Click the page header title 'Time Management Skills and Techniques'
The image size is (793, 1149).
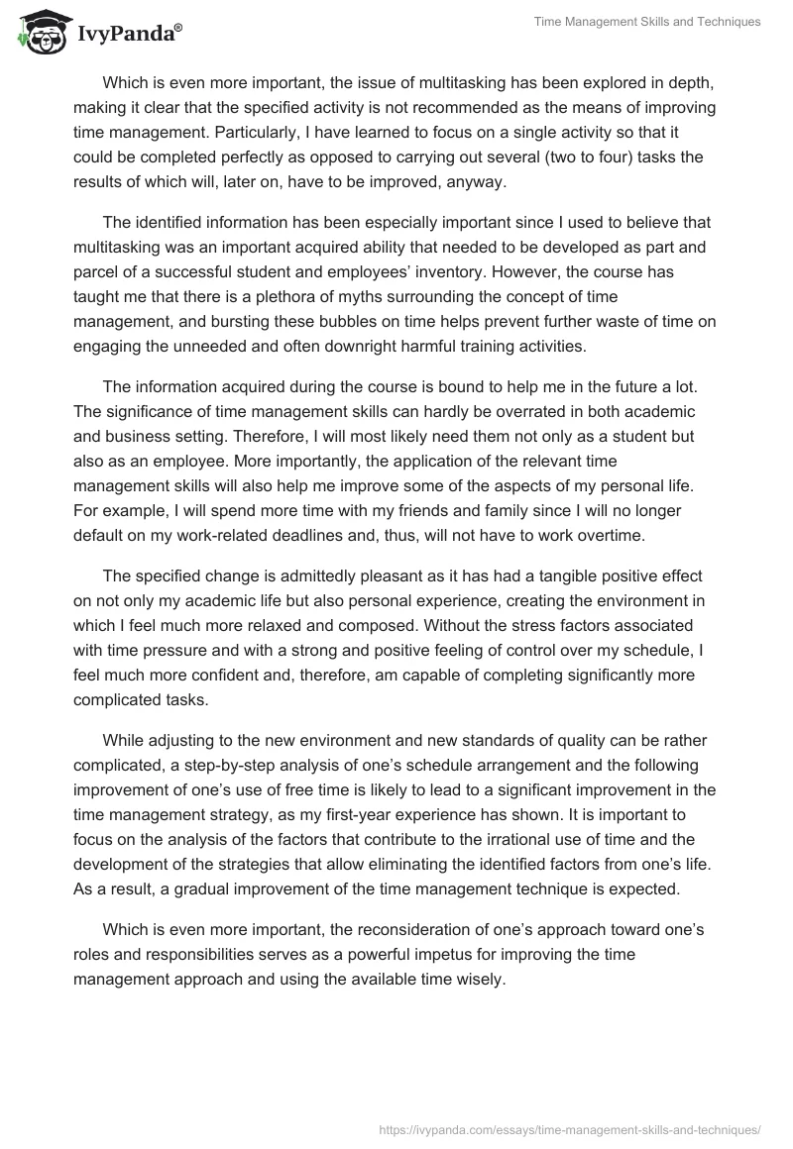pos(646,22)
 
